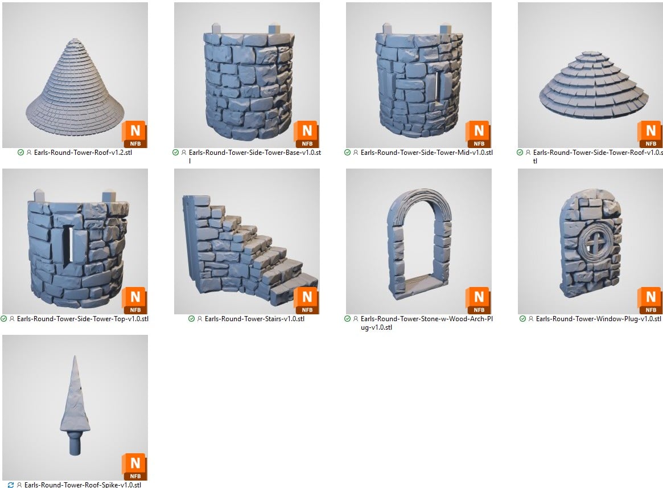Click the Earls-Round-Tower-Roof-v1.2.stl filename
[x=83, y=153]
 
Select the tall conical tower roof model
[x=75, y=85]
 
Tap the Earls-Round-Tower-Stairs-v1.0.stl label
[x=254, y=319]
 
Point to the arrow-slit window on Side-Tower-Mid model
[x=438, y=89]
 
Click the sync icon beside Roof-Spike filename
[x=11, y=485]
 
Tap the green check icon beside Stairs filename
[x=192, y=319]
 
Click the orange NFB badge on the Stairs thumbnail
[x=307, y=301]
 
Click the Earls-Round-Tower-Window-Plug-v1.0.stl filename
[x=598, y=319]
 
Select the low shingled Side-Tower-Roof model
[x=594, y=85]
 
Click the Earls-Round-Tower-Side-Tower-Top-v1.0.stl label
[x=83, y=319]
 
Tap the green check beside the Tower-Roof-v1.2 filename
[x=20, y=153]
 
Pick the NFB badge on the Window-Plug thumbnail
[x=650, y=301]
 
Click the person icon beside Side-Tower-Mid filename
[x=356, y=153]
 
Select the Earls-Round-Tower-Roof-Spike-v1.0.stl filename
[x=83, y=485]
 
